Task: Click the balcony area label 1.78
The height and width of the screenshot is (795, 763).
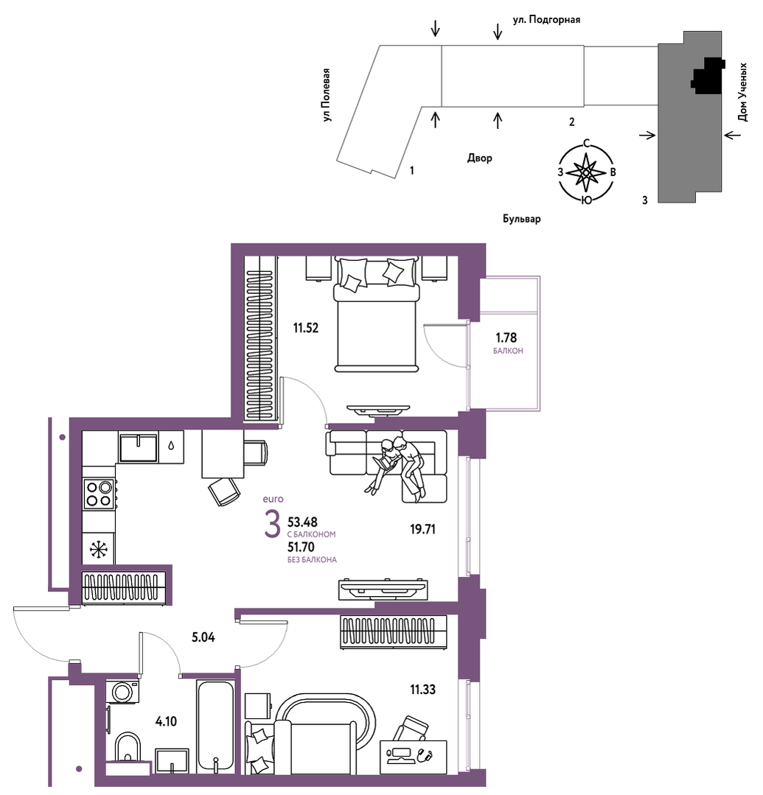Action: (506, 337)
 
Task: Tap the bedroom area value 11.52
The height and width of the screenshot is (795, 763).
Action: (306, 328)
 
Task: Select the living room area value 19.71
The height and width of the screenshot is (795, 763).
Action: (422, 529)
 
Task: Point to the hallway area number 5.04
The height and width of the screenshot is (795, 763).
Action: (203, 637)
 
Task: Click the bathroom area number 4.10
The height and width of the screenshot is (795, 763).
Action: (166, 721)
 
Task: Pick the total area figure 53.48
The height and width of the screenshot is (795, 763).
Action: (302, 522)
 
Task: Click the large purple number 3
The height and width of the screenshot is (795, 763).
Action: (273, 525)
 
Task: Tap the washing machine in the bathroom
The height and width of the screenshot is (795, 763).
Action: (122, 692)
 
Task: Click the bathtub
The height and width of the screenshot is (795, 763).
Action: (215, 726)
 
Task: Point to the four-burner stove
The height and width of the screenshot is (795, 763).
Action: (99, 494)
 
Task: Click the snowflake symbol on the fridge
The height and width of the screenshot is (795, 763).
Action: (99, 549)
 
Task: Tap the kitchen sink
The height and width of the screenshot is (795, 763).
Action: (138, 448)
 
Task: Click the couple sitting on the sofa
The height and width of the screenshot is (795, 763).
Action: (396, 466)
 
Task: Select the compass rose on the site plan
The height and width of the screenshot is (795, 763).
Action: (587, 172)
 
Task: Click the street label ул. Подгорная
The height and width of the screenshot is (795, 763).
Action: (546, 20)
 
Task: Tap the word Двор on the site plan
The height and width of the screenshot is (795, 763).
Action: (479, 158)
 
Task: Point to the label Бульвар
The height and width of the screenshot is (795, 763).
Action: (521, 219)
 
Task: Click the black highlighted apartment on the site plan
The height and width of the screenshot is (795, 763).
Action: (707, 76)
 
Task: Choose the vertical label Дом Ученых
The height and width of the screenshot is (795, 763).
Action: (742, 92)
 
